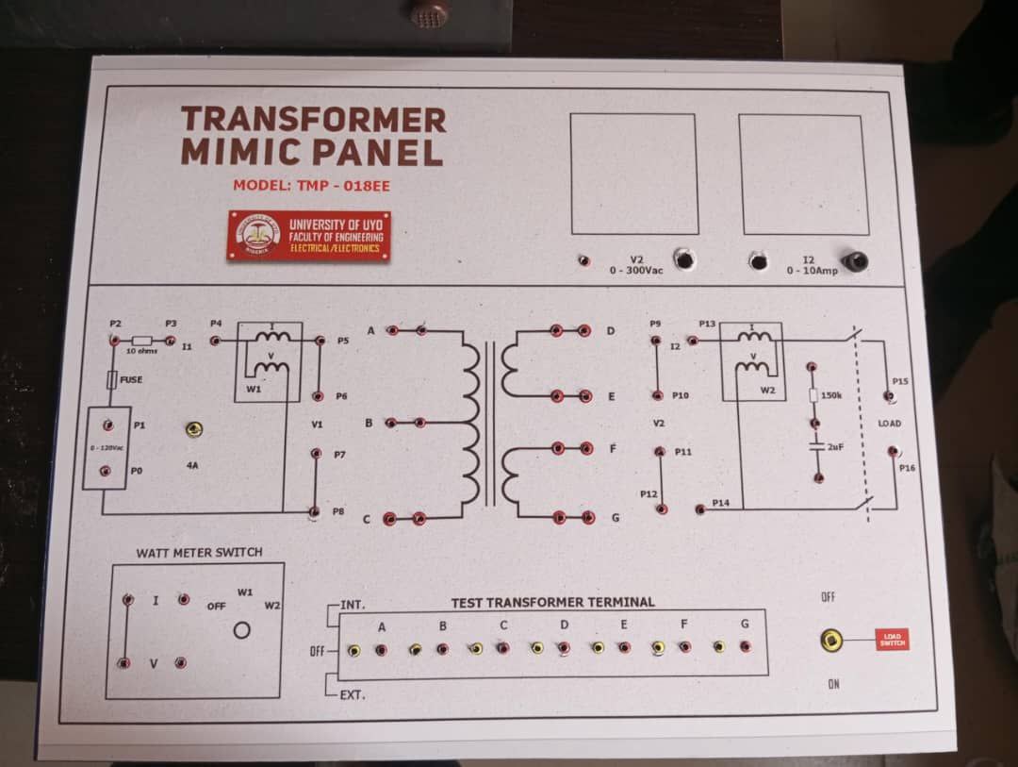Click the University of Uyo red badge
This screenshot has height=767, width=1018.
tap(309, 235)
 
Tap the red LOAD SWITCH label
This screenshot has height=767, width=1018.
tap(892, 640)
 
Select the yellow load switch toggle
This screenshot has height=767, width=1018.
tap(830, 642)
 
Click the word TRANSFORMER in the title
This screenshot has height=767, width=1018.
tap(313, 120)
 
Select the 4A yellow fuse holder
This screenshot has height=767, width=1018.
tap(193, 430)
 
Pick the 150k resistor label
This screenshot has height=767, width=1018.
tap(831, 395)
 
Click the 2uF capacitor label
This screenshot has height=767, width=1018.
tap(835, 446)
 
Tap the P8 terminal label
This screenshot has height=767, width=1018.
tap(338, 510)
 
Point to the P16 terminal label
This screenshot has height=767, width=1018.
tap(907, 467)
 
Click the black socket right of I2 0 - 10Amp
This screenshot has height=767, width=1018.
tap(855, 261)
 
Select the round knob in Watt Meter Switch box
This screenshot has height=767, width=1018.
tap(242, 630)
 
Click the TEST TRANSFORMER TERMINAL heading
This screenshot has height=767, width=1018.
tap(552, 602)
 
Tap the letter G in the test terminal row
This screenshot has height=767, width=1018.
tap(745, 624)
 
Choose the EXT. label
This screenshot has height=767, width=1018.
tap(353, 695)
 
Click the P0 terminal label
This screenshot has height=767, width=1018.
tap(138, 470)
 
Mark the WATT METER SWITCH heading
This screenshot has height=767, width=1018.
tap(199, 552)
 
